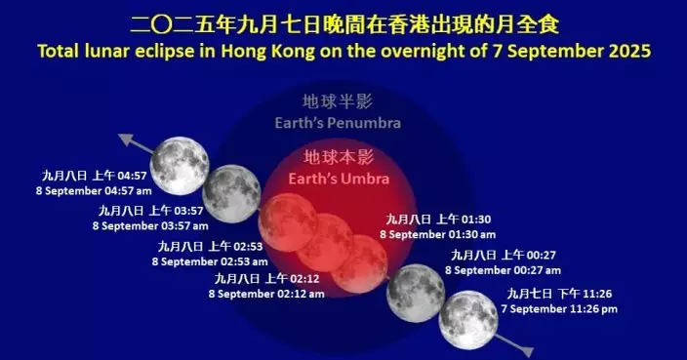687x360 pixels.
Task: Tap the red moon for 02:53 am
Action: (287, 217)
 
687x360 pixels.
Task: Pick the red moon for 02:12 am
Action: (326, 242)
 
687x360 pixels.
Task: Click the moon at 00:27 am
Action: (416, 292)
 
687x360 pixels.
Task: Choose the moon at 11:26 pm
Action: (467, 318)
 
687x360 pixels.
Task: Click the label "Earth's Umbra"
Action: (339, 179)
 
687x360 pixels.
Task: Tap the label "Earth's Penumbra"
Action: (338, 123)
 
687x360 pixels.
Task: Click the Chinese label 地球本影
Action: (339, 158)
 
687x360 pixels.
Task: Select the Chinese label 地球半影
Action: (338, 102)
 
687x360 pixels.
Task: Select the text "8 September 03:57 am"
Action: (147, 224)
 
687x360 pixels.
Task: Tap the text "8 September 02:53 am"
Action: (209, 260)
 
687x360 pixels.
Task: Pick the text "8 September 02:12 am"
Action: (268, 292)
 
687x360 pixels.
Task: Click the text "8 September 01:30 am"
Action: (438, 234)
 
